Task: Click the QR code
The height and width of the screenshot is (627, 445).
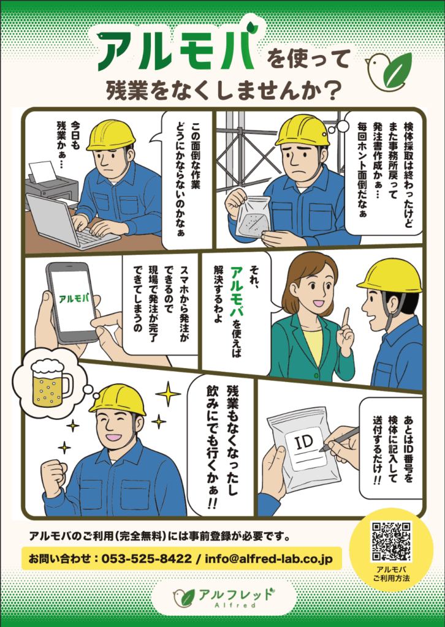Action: pos(391,541)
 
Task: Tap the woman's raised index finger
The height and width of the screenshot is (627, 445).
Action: pos(346,317)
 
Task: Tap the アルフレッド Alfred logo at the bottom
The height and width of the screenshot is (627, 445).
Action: pos(224,597)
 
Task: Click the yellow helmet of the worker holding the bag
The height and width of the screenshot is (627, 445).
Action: pos(302,130)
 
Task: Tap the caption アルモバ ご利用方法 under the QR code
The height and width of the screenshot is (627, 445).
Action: pos(390,574)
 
